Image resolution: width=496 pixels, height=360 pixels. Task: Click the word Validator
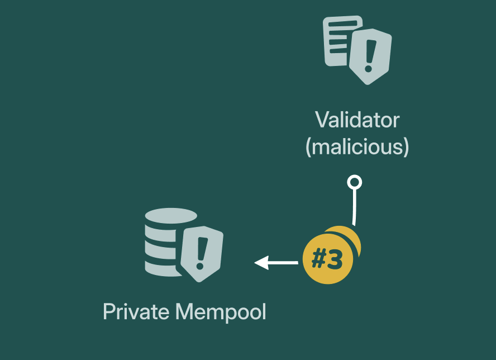pos(357,120)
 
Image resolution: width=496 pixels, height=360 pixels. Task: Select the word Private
pos(136,311)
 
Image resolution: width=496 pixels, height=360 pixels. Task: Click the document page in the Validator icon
pos(339,39)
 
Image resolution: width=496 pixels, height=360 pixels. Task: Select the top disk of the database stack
pos(170,215)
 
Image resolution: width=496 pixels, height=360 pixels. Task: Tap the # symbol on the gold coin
pos(319,259)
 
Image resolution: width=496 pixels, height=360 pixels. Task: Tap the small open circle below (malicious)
pos(355,182)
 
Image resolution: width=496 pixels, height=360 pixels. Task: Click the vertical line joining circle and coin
pos(354,207)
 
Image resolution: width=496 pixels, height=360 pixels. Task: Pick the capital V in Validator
pos(321,120)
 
